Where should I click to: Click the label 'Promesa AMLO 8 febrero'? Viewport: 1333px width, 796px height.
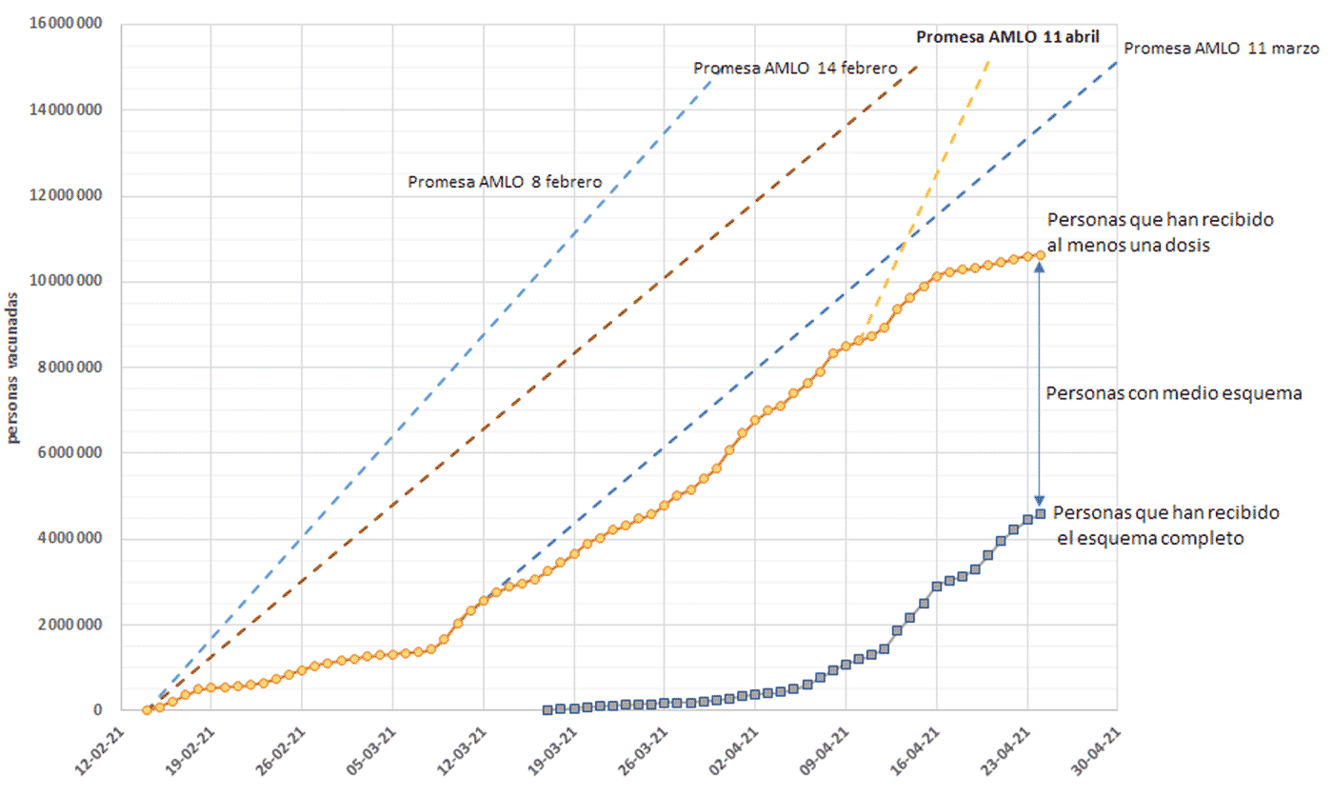coord(505,182)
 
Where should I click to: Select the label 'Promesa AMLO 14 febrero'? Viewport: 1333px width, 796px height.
coord(795,69)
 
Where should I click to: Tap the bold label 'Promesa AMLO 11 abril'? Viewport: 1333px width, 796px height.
coord(1007,38)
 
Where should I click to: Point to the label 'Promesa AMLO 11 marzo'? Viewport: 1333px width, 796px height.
coord(1221,49)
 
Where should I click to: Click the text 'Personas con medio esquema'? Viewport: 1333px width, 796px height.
coord(1173,393)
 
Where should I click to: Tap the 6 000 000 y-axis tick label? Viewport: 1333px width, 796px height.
coord(69,453)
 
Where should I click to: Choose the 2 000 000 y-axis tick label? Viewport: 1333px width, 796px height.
coord(69,626)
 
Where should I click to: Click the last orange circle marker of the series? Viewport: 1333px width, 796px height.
coord(1040,255)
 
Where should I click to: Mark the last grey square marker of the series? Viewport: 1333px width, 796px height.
coord(1040,513)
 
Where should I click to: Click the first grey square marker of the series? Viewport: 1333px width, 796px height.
coord(547,709)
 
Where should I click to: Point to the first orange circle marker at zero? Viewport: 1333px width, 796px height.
coord(147,709)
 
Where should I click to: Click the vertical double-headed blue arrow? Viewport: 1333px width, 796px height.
coord(1040,385)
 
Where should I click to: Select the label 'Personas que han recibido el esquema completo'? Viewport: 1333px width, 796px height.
coord(1167,526)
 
